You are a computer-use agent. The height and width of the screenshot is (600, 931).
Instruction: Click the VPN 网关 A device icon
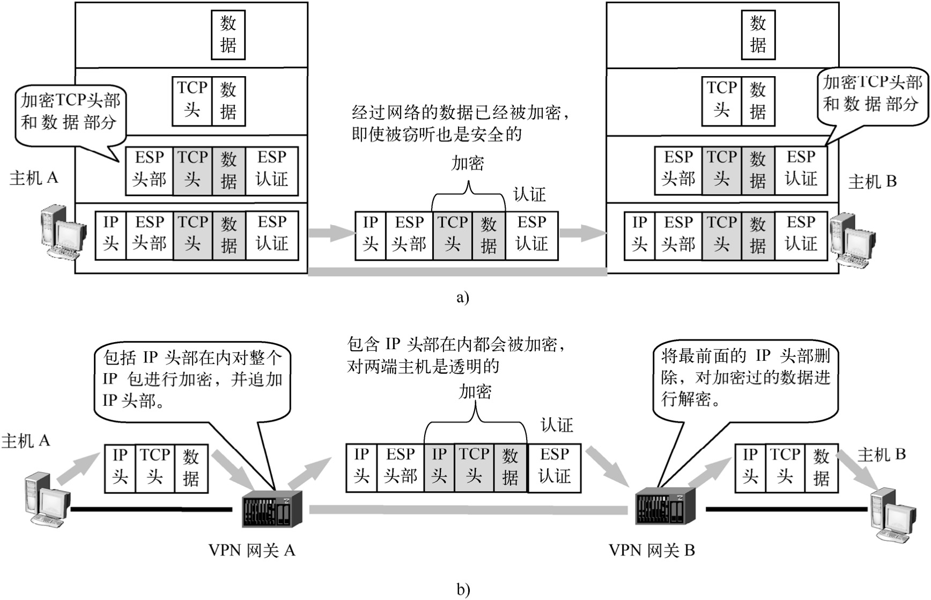tap(272, 508)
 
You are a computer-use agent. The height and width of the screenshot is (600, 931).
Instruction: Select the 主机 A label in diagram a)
tap(33, 177)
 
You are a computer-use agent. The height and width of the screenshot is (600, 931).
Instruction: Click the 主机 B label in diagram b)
tap(881, 455)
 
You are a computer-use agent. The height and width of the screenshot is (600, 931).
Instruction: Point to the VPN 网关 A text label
tap(252, 550)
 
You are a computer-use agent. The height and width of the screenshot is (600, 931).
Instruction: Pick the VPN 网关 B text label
tap(652, 550)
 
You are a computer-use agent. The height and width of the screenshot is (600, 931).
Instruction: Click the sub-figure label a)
tap(462, 297)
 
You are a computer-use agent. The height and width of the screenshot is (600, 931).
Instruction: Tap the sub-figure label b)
tap(463, 590)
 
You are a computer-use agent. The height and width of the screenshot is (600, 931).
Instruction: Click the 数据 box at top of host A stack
tap(228, 34)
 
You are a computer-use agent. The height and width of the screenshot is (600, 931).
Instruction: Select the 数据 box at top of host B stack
tap(757, 34)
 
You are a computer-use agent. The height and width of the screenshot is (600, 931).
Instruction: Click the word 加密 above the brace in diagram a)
tap(468, 163)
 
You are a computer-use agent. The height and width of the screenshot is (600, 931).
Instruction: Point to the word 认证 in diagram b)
tap(557, 425)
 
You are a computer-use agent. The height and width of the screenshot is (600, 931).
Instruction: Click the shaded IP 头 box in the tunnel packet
tap(439, 465)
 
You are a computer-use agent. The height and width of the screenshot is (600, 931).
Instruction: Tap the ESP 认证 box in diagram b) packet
tap(554, 465)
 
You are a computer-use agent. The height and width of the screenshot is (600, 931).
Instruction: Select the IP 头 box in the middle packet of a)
tap(370, 233)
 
